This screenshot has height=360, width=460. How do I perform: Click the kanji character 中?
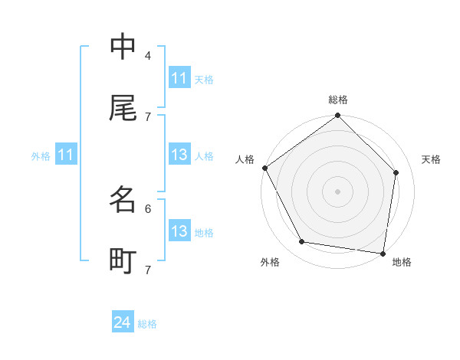click(x=123, y=47)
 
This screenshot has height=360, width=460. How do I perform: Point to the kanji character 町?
click(x=123, y=261)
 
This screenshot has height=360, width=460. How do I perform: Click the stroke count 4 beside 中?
click(x=148, y=55)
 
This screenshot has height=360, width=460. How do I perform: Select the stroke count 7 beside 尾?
click(x=148, y=116)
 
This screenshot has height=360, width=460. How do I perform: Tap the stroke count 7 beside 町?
click(x=148, y=270)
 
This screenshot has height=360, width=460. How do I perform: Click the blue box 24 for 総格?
click(x=123, y=323)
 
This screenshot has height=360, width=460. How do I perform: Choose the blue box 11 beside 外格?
click(x=66, y=155)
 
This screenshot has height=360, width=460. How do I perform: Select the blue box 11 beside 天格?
click(x=179, y=78)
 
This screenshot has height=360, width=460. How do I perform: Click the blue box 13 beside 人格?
click(x=179, y=155)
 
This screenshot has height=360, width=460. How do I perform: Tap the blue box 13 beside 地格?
click(x=179, y=232)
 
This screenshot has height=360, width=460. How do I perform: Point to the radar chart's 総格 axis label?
click(x=338, y=100)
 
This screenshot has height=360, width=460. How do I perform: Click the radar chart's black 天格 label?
click(x=432, y=159)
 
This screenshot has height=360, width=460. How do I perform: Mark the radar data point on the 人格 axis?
click(x=264, y=168)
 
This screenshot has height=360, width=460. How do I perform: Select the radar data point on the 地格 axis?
click(x=383, y=253)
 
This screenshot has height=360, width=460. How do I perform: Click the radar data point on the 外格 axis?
click(x=302, y=242)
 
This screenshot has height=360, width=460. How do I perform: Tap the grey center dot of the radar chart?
click(x=338, y=191)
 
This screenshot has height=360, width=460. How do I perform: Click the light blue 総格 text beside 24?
click(x=147, y=324)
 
